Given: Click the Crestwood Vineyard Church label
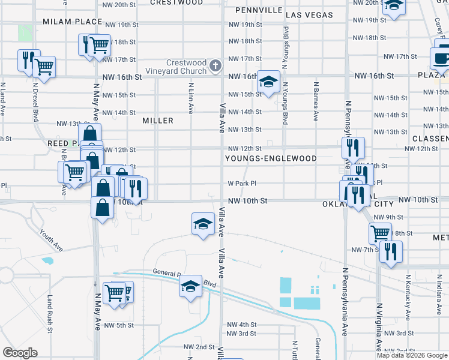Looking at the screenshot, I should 186,67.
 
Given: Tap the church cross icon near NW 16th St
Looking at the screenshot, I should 215,64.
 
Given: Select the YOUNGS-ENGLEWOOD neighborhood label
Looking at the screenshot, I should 271,158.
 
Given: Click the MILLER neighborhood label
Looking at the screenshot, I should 158,121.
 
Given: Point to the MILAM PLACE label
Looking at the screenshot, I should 73,22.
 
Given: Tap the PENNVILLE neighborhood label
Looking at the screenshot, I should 259,11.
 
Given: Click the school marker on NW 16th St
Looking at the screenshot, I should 268,82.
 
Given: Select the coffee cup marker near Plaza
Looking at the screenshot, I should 441,59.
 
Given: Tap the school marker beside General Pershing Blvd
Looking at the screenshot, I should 191,286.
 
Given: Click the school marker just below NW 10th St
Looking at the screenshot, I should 203,224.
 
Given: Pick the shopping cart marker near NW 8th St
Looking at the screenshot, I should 381,233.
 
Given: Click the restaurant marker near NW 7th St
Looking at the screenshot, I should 390,251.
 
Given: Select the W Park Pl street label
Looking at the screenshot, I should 242,184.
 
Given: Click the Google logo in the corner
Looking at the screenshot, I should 20,353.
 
